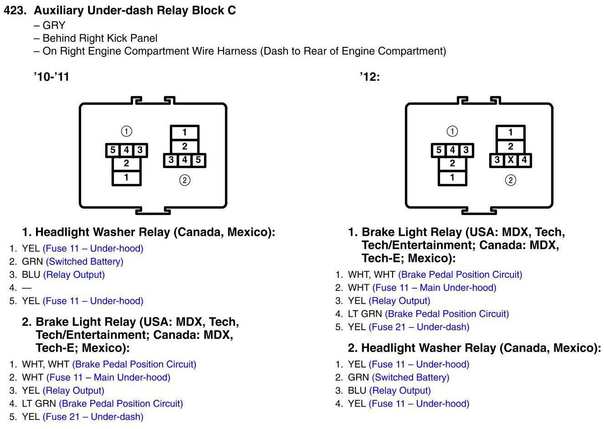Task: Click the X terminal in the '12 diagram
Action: [511, 160]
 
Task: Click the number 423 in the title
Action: [15, 10]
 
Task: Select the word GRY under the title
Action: [54, 26]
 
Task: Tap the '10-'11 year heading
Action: [51, 77]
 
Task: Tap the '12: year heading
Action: [369, 77]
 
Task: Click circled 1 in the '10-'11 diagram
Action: [126, 131]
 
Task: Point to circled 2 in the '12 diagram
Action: [511, 180]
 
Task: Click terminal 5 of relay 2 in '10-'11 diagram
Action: [198, 160]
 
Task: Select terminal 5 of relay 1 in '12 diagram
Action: [439, 150]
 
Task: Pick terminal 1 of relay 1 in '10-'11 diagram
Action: [126, 178]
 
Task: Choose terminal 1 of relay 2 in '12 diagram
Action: [510, 133]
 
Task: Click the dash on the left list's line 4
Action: [26, 288]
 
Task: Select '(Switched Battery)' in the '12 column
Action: [410, 377]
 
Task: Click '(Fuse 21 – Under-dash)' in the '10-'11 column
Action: [93, 417]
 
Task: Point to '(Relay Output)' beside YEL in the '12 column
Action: [399, 301]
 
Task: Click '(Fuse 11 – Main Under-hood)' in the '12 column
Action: [434, 287]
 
